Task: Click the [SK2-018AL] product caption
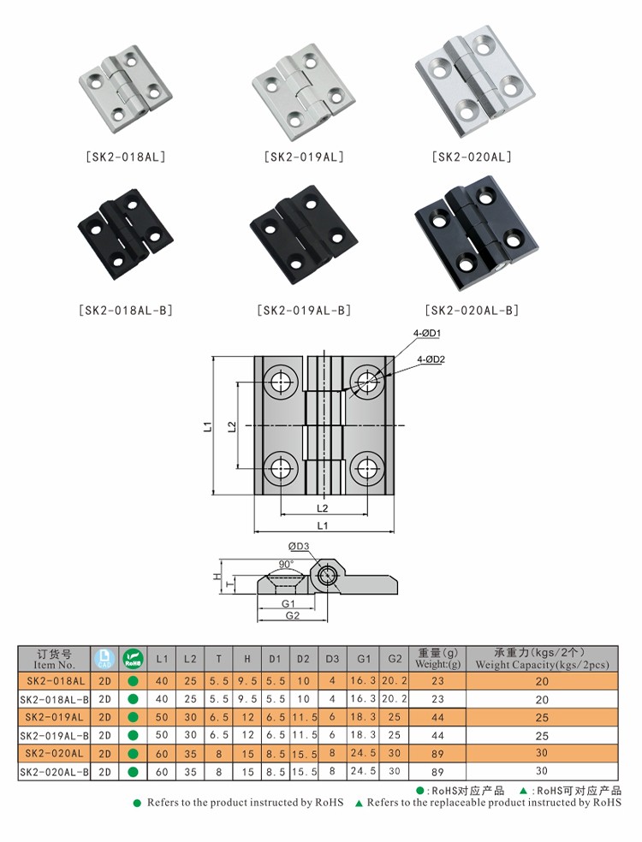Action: [126, 157]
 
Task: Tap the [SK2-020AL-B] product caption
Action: [472, 311]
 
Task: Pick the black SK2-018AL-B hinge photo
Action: [125, 234]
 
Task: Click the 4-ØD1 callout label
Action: [427, 334]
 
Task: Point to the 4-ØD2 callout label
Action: [431, 359]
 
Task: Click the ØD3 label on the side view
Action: [299, 547]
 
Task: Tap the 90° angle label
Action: [286, 565]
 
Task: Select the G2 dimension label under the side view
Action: [293, 615]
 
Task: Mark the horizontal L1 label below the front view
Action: [323, 525]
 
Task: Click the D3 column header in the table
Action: [332, 658]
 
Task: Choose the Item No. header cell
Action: [54, 659]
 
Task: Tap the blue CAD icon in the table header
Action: [104, 659]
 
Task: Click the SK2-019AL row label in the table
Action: [54, 717]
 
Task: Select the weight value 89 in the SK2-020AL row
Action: [438, 754]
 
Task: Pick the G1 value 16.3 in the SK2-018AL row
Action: [363, 681]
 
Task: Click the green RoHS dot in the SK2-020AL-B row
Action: [134, 772]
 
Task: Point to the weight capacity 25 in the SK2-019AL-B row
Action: [542, 736]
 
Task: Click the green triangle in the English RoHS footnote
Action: [358, 803]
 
